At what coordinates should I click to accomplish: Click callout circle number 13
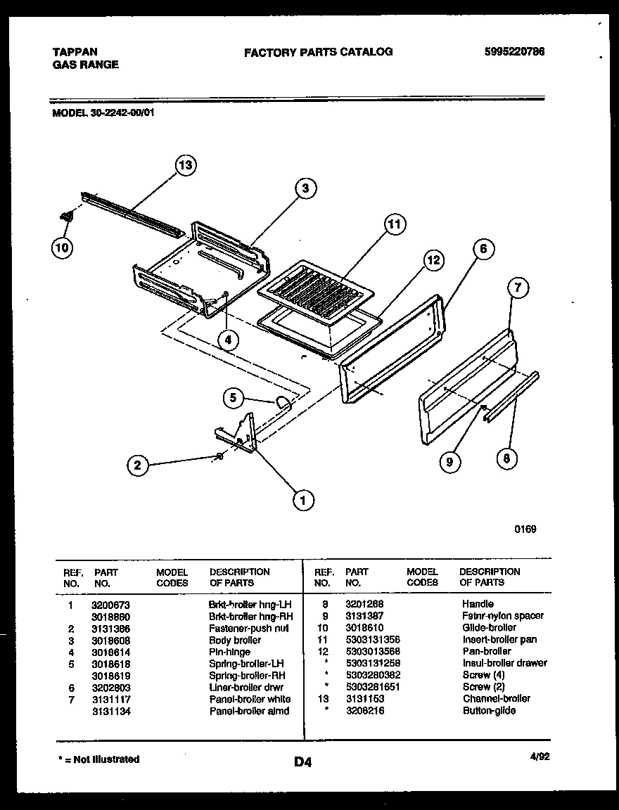pyautogui.click(x=185, y=166)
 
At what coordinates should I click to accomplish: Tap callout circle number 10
pyautogui.click(x=62, y=247)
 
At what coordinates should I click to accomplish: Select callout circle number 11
pyautogui.click(x=395, y=224)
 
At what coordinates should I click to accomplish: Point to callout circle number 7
pyautogui.click(x=518, y=287)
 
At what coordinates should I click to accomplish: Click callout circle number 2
pyautogui.click(x=139, y=465)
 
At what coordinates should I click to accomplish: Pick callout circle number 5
pyautogui.click(x=234, y=399)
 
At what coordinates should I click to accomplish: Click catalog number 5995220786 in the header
pyautogui.click(x=514, y=51)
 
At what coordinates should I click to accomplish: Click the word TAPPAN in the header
pyautogui.click(x=75, y=51)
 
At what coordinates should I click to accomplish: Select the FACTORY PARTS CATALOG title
pyautogui.click(x=318, y=51)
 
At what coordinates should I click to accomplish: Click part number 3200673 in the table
pyautogui.click(x=110, y=605)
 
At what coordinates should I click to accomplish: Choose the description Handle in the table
pyautogui.click(x=478, y=604)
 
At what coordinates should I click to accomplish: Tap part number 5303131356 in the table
pyautogui.click(x=372, y=640)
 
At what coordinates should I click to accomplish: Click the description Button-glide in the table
pyautogui.click(x=489, y=711)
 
